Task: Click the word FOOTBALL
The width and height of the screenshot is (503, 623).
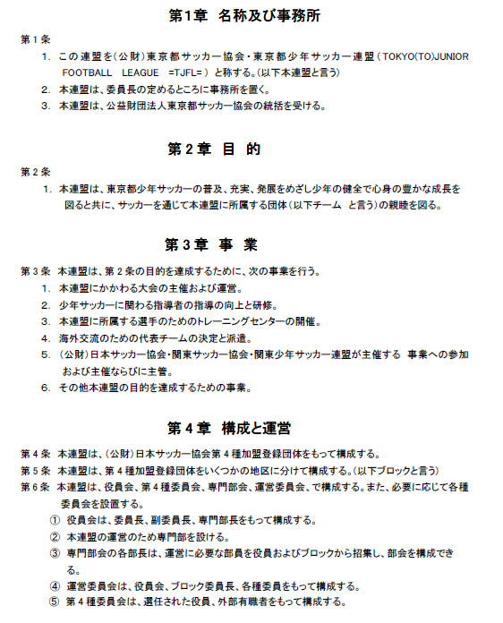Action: tap(88, 72)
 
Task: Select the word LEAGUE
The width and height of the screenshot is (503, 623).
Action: tap(139, 72)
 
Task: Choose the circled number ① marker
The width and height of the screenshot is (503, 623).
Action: tap(55, 521)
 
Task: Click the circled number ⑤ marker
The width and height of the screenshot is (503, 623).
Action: tap(55, 602)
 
